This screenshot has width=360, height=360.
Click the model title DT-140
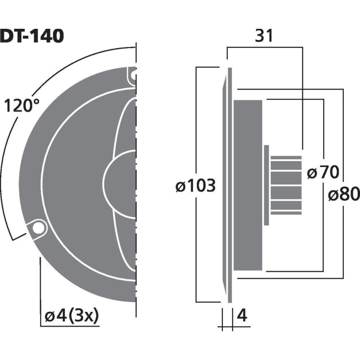pos(31,36)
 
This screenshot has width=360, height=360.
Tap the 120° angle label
pos(22,106)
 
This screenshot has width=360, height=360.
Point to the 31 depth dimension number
pos(264,36)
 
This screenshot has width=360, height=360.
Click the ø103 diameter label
pos(196,185)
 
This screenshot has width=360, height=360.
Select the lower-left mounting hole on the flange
pos(37,228)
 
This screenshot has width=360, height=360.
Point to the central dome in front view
pos(119,184)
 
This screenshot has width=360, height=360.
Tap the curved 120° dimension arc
pos(27,135)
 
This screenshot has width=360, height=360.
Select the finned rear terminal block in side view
pos(286,184)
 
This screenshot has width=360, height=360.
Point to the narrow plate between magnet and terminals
pos(266,184)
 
